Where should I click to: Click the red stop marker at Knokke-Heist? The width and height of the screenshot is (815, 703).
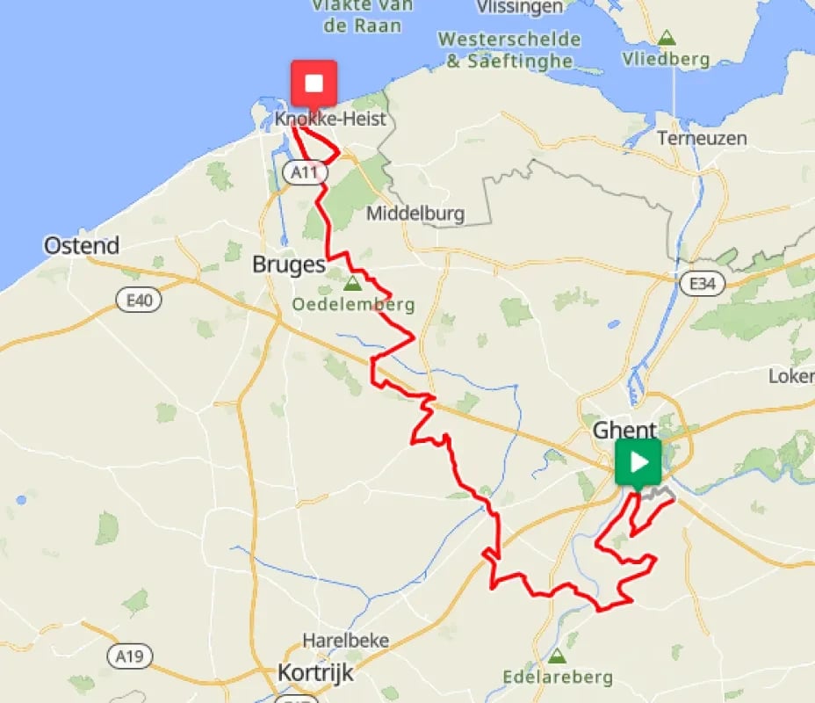pyautogui.click(x=314, y=83)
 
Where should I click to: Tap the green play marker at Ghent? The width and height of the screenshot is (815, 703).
pyautogui.click(x=638, y=461)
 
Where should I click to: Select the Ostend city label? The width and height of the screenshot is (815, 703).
pyautogui.click(x=82, y=246)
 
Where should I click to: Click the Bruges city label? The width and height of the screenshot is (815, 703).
pyautogui.click(x=289, y=265)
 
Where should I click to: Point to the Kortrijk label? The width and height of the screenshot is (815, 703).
pyautogui.click(x=315, y=673)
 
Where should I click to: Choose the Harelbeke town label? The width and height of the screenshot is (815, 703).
pyautogui.click(x=345, y=641)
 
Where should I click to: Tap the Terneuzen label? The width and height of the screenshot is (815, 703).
pyautogui.click(x=702, y=139)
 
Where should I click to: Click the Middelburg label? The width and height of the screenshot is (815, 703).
pyautogui.click(x=415, y=214)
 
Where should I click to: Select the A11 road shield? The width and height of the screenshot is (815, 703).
pyautogui.click(x=305, y=172)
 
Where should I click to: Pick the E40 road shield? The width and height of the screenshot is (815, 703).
pyautogui.click(x=139, y=301)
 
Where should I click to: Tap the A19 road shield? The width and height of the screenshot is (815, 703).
pyautogui.click(x=129, y=656)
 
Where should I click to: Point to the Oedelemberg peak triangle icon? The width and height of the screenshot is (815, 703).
pyautogui.click(x=352, y=284)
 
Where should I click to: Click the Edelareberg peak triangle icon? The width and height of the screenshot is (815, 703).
pyautogui.click(x=557, y=656)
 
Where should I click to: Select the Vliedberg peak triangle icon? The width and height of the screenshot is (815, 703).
pyautogui.click(x=667, y=38)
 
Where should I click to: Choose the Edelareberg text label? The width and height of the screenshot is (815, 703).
pyautogui.click(x=558, y=678)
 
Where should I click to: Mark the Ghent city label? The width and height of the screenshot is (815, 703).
pyautogui.click(x=624, y=430)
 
